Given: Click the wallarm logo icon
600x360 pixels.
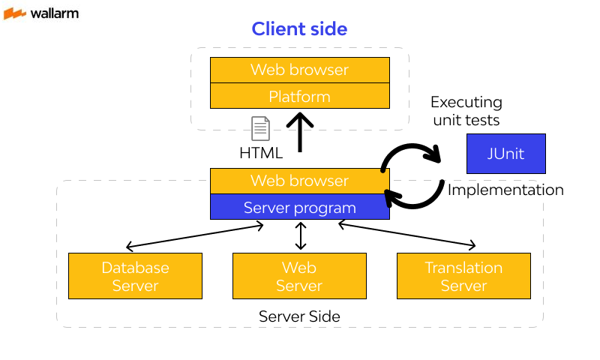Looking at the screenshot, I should coord(15,13).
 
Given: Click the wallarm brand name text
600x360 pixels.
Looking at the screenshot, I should coord(54,13).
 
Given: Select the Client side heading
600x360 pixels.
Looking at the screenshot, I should coord(299,29).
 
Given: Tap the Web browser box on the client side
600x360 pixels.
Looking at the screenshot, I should coord(299,70).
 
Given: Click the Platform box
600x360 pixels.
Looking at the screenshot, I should coord(299,96).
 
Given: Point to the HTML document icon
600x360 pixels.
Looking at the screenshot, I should coord(260,128).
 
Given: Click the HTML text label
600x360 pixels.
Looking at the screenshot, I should coord(260,153).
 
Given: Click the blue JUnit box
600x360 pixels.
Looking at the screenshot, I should coord(505,154).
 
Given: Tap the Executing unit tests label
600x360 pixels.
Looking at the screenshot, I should coord(466,111).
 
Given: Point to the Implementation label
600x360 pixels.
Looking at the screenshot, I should coord(505,190).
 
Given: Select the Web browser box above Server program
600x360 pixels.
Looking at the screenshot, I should coord(299,181).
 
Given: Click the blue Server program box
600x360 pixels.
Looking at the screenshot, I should coord(299,207).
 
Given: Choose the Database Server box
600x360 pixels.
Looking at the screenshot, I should coord(135,276).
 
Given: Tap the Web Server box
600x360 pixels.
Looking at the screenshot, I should coord(299,276).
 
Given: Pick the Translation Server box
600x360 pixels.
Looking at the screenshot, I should coord(463,276).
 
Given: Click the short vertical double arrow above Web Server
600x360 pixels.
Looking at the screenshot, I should coord(301,235).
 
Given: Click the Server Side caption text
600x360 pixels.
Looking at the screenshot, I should coord(299,316).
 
